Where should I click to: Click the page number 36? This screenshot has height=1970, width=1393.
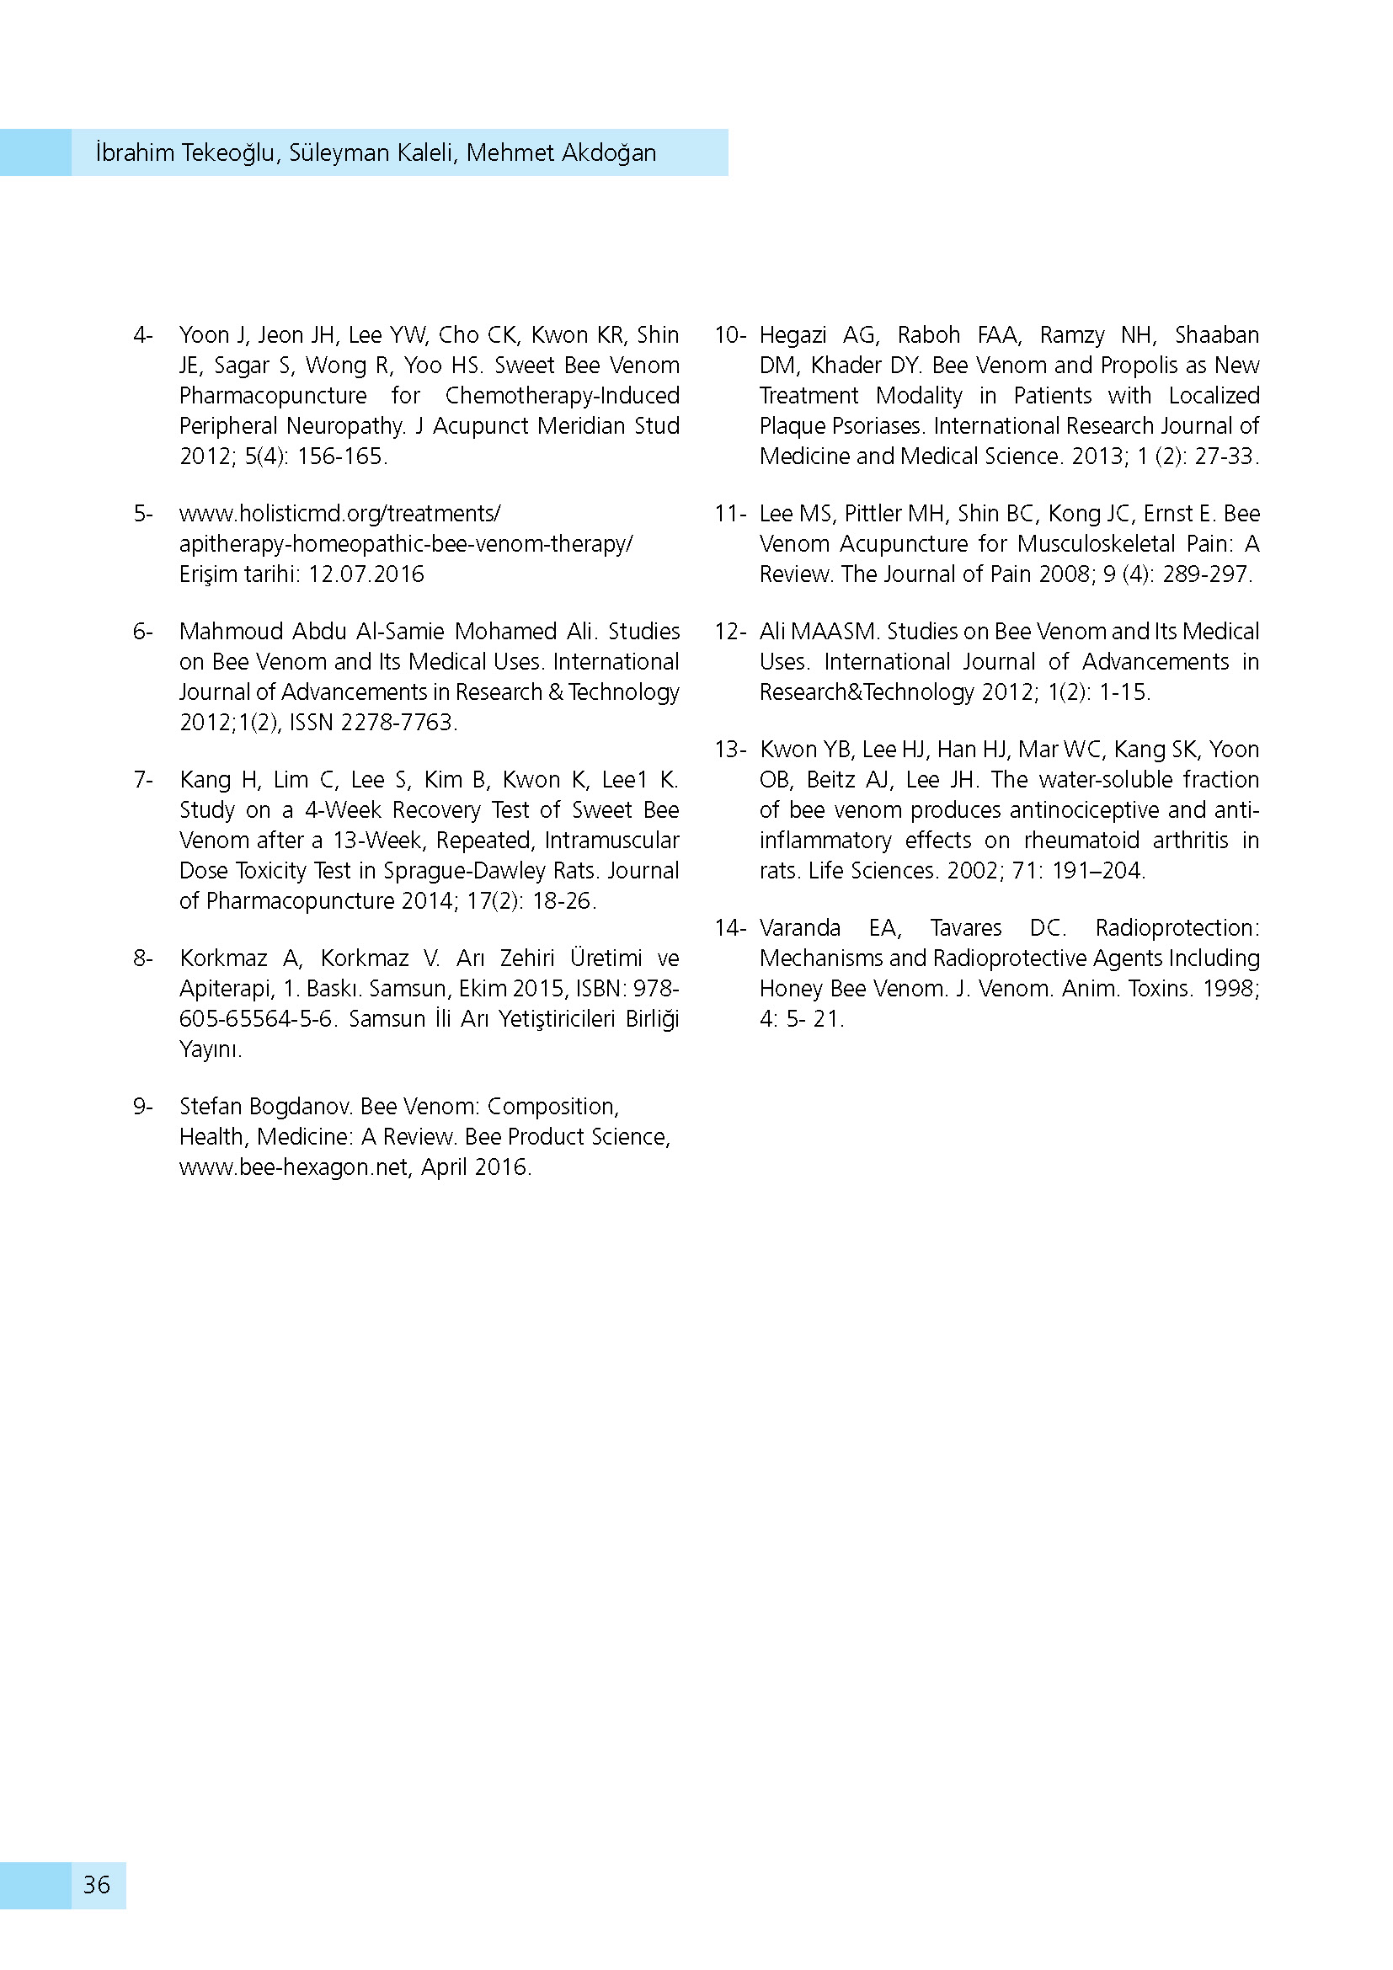(97, 1884)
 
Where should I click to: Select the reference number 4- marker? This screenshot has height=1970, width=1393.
(142, 334)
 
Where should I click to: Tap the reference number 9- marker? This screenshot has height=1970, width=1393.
(142, 1106)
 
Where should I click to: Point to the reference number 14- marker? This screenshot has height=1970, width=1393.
(730, 927)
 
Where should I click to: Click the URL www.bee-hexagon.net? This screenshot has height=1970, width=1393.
(293, 1167)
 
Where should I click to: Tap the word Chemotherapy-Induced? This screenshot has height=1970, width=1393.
(562, 396)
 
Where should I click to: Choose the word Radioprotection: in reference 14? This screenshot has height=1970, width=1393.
(1177, 927)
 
